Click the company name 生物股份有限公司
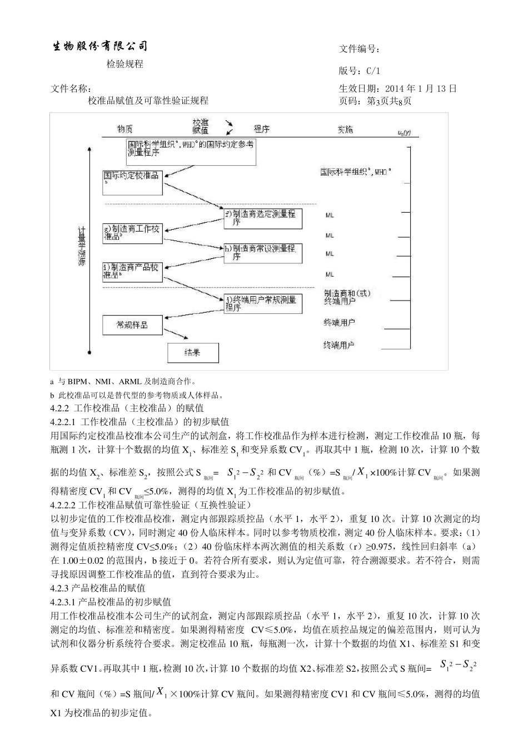pyautogui.click(x=101, y=46)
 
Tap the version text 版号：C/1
pyautogui.click(x=360, y=71)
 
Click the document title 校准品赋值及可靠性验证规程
pyautogui.click(x=148, y=101)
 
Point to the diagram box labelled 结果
pyautogui.click(x=193, y=352)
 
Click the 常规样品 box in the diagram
pyautogui.click(x=132, y=324)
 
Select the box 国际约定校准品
pyautogui.click(x=132, y=182)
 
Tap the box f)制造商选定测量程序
pyautogui.click(x=263, y=218)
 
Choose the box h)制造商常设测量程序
pyautogui.click(x=263, y=253)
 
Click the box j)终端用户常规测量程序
pyautogui.click(x=263, y=304)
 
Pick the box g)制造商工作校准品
pyautogui.click(x=132, y=233)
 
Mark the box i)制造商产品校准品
pyautogui.click(x=132, y=271)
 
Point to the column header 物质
pyautogui.click(x=124, y=129)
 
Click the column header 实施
pyautogui.click(x=345, y=129)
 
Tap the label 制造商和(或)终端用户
pyautogui.click(x=347, y=297)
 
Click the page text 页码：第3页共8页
pyautogui.click(x=375, y=101)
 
